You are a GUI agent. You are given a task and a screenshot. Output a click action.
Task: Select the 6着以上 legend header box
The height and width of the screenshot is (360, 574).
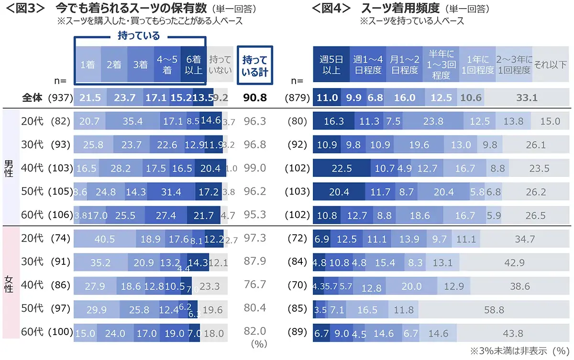click(194, 65)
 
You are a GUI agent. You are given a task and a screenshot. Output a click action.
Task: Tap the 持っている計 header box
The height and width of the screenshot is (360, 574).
click(255, 65)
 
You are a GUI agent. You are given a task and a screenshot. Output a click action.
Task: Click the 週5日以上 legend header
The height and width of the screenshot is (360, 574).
click(331, 65)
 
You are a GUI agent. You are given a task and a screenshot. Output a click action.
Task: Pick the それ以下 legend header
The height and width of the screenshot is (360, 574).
click(550, 65)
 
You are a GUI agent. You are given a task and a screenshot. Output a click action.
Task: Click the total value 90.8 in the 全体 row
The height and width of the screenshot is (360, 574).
click(254, 98)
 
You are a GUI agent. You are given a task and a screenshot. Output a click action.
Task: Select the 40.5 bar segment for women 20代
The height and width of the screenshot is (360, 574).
click(104, 239)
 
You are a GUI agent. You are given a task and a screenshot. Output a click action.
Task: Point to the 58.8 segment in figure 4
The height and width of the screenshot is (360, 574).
click(494, 310)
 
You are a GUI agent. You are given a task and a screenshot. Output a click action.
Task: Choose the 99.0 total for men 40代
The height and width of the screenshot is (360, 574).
click(254, 168)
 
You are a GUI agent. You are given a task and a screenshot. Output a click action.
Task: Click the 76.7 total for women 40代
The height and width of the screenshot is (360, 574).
click(254, 285)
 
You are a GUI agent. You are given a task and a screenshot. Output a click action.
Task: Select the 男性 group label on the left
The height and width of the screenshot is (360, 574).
click(10, 168)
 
